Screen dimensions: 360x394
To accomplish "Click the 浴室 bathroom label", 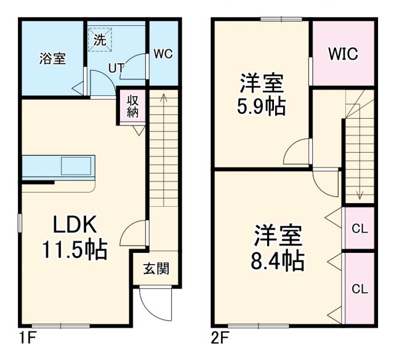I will pyautogui.click(x=52, y=59).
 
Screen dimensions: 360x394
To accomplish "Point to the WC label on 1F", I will pyautogui.click(x=163, y=54).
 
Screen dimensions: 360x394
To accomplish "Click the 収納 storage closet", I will pyautogui.click(x=132, y=106).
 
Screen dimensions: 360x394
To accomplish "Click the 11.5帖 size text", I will pyautogui.click(x=74, y=249).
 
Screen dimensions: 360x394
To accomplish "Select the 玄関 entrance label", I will pyautogui.click(x=156, y=268).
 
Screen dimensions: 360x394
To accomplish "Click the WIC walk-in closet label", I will pyautogui.click(x=342, y=54).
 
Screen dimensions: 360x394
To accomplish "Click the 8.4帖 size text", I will pyautogui.click(x=279, y=262).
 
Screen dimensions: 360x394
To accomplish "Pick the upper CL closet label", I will pyautogui.click(x=359, y=229).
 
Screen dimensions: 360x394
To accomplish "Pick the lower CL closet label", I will pyautogui.click(x=359, y=288).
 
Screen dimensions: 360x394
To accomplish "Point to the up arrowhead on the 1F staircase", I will pyautogui.click(x=163, y=96).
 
